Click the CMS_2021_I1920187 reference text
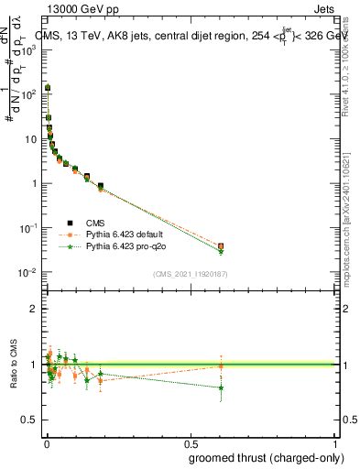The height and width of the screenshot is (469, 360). click(190, 274)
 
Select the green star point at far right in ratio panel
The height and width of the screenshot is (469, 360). click(221, 387)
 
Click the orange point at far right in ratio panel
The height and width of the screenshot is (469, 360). click(221, 366)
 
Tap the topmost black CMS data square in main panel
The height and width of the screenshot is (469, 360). click(48, 88)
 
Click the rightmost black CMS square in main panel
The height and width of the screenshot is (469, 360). click(221, 245)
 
